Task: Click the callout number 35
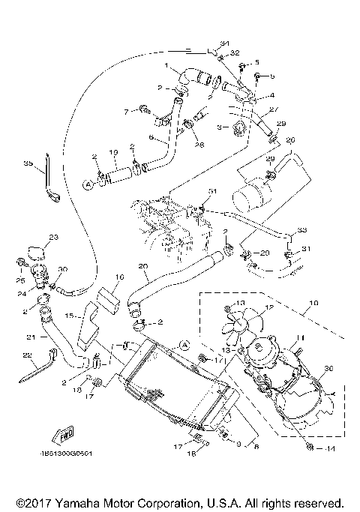coord(28,163)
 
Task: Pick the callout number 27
coord(274,109)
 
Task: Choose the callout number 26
coord(292,139)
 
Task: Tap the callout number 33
coord(302,229)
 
